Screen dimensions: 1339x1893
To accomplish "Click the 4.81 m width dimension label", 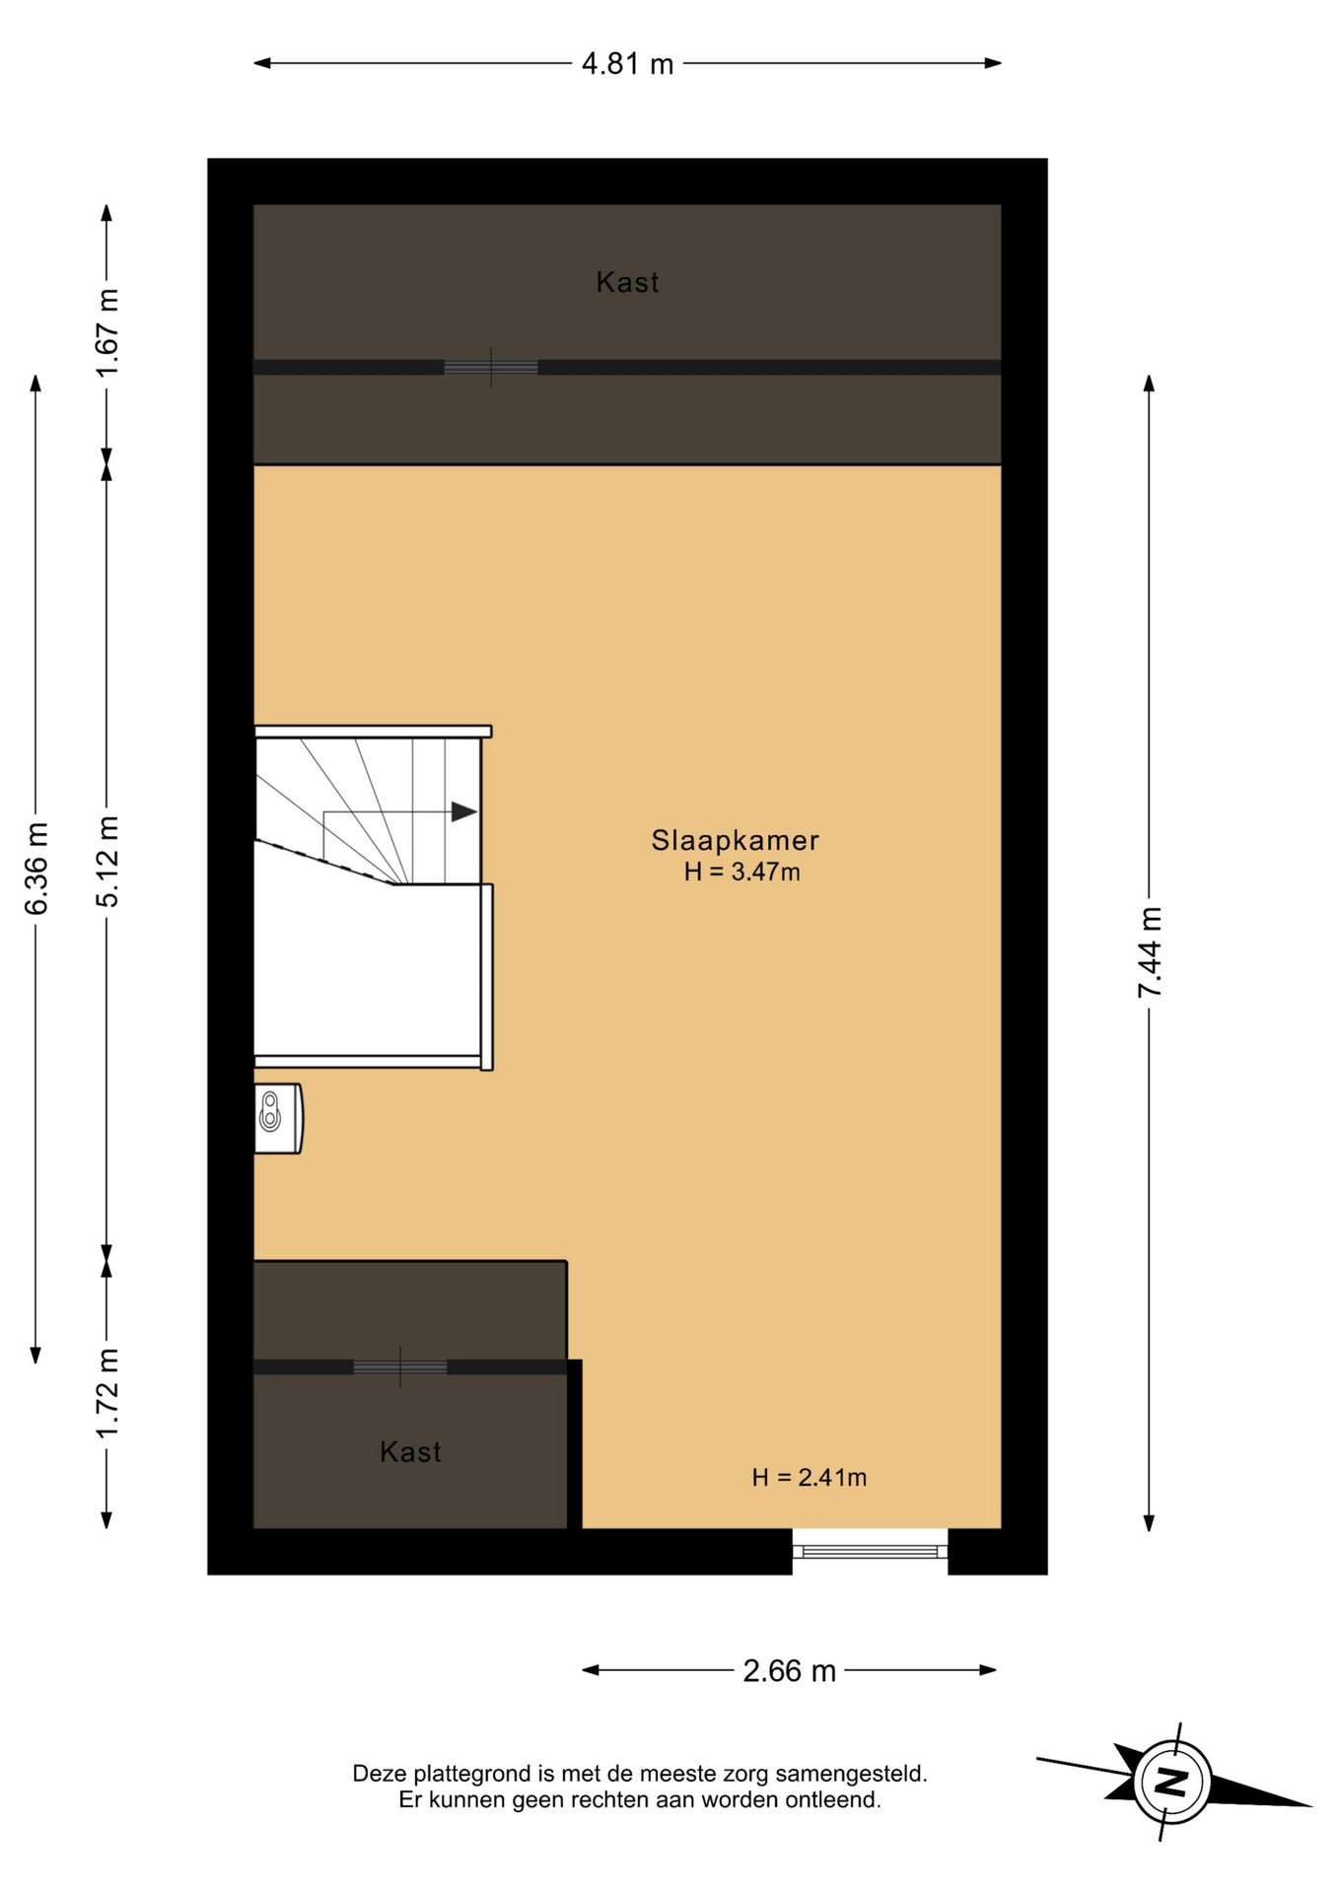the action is coord(627,64).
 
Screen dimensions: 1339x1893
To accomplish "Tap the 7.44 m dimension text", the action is coord(1150,952).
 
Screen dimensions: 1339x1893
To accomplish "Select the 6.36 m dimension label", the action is coord(36,869).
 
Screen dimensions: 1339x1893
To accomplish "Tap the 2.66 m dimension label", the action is coord(789,1671).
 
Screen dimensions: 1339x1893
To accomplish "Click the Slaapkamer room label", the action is coord(736,840).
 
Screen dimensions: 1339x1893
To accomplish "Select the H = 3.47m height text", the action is coord(742,872).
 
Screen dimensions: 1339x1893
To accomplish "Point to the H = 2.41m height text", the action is coord(810,1477).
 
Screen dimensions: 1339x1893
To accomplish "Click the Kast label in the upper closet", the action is coord(627,283).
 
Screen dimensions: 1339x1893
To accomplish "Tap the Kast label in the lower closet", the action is coord(410,1452).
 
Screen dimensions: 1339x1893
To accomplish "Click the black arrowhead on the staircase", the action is coord(464,812).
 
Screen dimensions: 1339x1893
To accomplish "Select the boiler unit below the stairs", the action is coord(278,1118).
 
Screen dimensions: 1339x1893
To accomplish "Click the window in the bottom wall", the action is coord(870,1552).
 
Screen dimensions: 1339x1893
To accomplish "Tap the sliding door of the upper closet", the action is coord(491,368).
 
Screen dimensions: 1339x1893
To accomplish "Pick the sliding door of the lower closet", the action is coord(400,1367).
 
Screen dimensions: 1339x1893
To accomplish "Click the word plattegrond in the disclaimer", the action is coord(472,1775).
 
